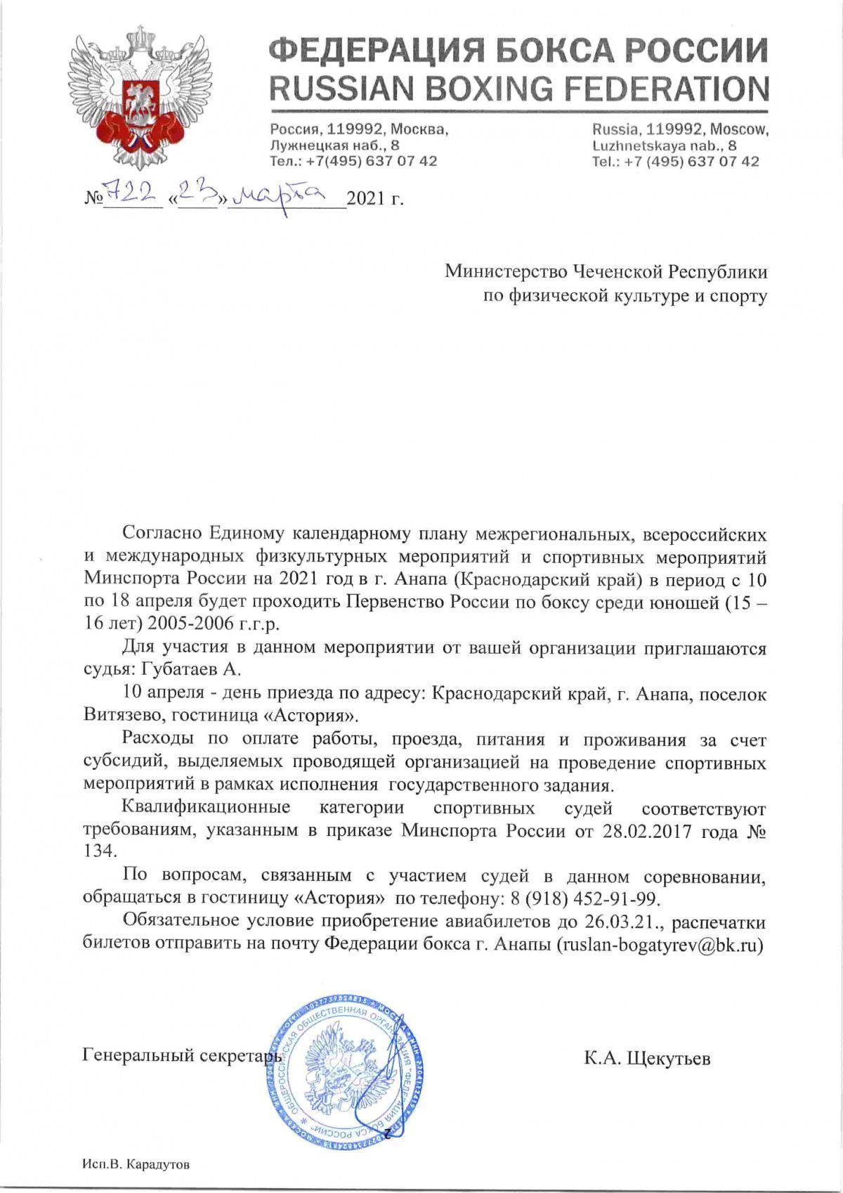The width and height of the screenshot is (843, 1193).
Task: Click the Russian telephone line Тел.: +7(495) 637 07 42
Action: click(x=353, y=161)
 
